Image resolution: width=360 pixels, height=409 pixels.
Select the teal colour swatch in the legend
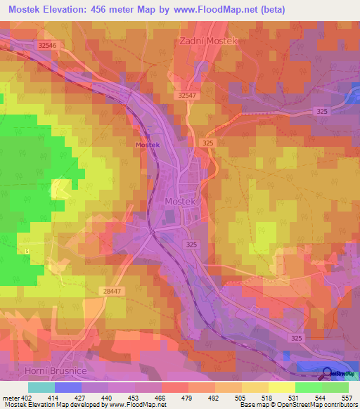tap(41, 387)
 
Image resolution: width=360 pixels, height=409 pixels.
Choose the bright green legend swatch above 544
tap(308, 387)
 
